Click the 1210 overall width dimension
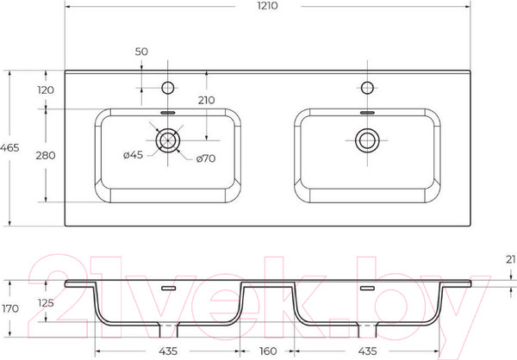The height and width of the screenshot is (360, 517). pyautogui.click(x=267, y=6)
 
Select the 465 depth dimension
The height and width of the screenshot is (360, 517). pyautogui.click(x=9, y=147)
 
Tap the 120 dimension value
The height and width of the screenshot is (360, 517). pyautogui.click(x=46, y=90)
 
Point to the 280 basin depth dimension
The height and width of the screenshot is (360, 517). pyautogui.click(x=46, y=155)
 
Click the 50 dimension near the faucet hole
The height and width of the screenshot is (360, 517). pyautogui.click(x=141, y=52)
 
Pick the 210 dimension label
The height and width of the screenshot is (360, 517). pyautogui.click(x=207, y=100)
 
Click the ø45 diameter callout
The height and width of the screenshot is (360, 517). pyautogui.click(x=134, y=155)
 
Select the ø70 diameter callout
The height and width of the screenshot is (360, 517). pyautogui.click(x=206, y=158)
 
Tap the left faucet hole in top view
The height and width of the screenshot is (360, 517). pyautogui.click(x=168, y=88)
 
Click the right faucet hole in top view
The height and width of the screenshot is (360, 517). pyautogui.click(x=367, y=88)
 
